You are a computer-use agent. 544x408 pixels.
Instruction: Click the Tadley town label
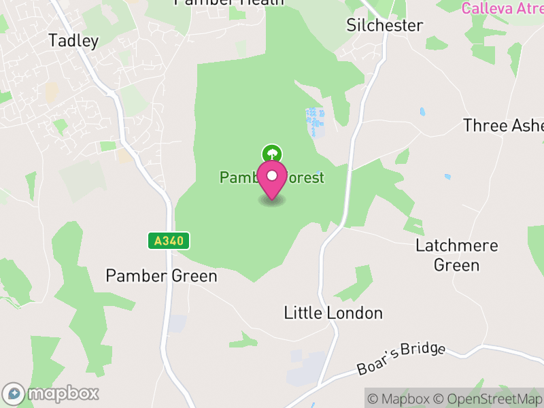pyautogui.click(x=73, y=41)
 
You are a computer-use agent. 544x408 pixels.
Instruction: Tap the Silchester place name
pyautogui.click(x=384, y=26)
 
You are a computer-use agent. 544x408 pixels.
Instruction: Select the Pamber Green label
pyautogui.click(x=161, y=276)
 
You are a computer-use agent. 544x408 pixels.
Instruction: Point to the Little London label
pyautogui.click(x=333, y=313)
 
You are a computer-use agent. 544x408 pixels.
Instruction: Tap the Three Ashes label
pyautogui.click(x=503, y=126)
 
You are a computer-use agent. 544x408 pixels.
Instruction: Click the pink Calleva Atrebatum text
pyautogui.click(x=502, y=8)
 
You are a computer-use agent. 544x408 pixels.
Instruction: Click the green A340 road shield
pyautogui.click(x=169, y=241)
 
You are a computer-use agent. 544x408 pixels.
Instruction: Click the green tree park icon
pyautogui.click(x=272, y=154)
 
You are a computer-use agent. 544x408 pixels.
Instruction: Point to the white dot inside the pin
pyautogui.click(x=272, y=176)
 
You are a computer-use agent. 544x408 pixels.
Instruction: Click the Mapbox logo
pyautogui.click(x=52, y=394)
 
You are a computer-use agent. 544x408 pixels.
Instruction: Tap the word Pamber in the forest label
pyautogui.click(x=238, y=178)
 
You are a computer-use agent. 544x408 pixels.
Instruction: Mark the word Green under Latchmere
pyautogui.click(x=457, y=265)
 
